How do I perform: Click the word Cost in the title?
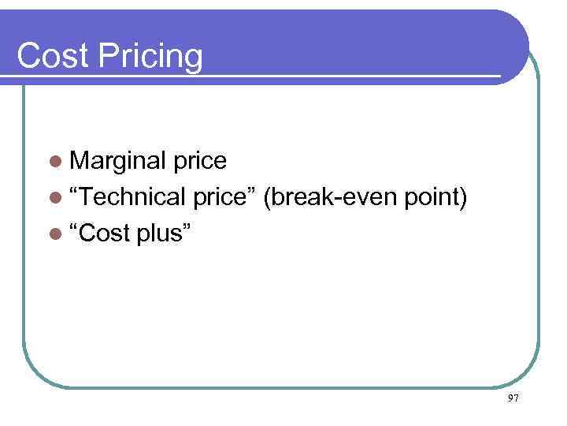point(50,57)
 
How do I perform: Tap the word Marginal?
point(118,162)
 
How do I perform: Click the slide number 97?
point(513,399)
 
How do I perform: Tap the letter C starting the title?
point(28,57)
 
